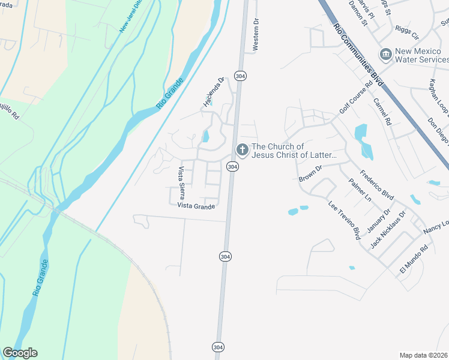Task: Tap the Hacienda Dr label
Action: [x=212, y=92]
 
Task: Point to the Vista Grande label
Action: [x=196, y=206]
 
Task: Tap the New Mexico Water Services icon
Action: [x=385, y=55]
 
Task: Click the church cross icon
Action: [x=243, y=150]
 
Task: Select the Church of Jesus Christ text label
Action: [x=294, y=151]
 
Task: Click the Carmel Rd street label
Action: [x=382, y=111]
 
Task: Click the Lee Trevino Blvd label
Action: [x=344, y=220]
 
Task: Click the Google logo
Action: [x=20, y=353]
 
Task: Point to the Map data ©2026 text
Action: [x=423, y=355]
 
